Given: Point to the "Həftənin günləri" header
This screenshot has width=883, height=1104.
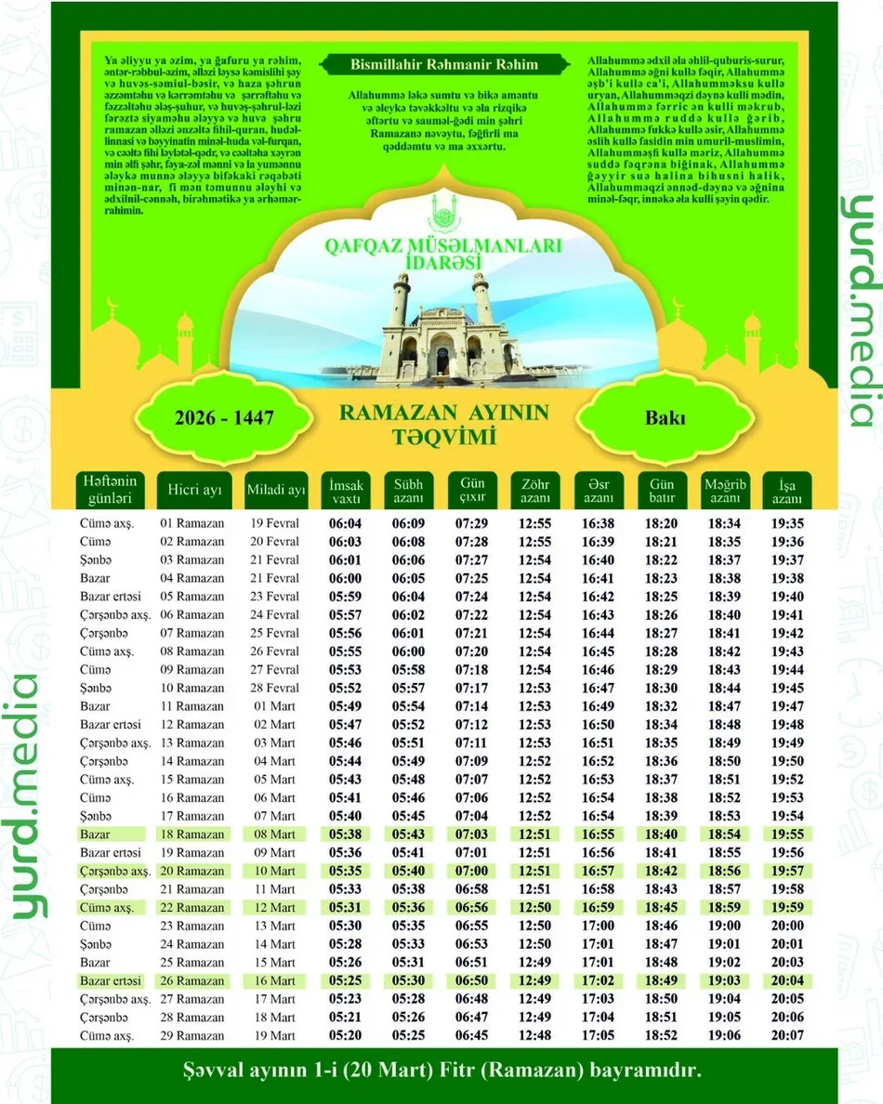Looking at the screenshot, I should (x=109, y=489).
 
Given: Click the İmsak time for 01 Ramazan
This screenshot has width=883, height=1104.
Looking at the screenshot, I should (x=346, y=523).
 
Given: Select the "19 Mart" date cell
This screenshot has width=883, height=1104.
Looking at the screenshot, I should (x=275, y=1035).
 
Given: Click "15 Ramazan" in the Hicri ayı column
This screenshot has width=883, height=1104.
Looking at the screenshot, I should (x=192, y=780).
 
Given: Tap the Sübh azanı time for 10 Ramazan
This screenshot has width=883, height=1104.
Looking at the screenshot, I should (x=408, y=688).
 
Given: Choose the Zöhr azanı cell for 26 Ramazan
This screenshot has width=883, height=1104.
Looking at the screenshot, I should (x=534, y=980).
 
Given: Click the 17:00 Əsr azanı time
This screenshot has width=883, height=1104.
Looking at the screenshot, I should (x=598, y=926).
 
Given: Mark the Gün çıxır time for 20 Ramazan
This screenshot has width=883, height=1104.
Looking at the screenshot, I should (x=471, y=871).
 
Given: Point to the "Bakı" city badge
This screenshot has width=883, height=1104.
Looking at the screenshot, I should (x=665, y=417).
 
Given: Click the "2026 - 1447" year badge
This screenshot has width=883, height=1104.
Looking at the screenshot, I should (x=224, y=418).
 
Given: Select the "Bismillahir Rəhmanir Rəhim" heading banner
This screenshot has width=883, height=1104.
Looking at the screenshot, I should (x=444, y=65).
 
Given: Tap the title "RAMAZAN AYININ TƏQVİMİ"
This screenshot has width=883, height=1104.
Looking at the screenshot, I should (x=444, y=424).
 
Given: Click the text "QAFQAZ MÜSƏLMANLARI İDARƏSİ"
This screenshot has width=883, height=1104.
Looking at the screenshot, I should (x=442, y=252).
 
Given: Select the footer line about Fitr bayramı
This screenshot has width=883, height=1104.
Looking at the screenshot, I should (x=441, y=1071).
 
